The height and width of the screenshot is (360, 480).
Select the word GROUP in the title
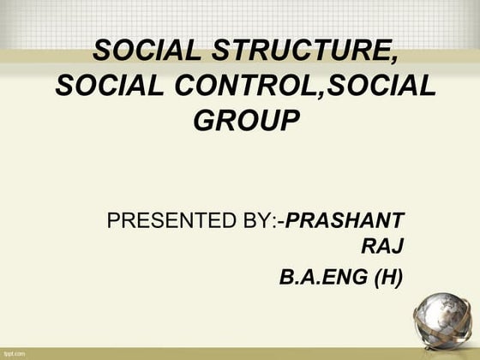pyautogui.click(x=247, y=120)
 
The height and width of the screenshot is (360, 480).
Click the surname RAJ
pyautogui.click(x=383, y=249)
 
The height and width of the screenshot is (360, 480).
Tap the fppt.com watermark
pyautogui.click(x=15, y=352)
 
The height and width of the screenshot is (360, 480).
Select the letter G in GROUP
pyautogui.click(x=205, y=120)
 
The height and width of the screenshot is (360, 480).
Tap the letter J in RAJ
pyautogui.click(x=397, y=249)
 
